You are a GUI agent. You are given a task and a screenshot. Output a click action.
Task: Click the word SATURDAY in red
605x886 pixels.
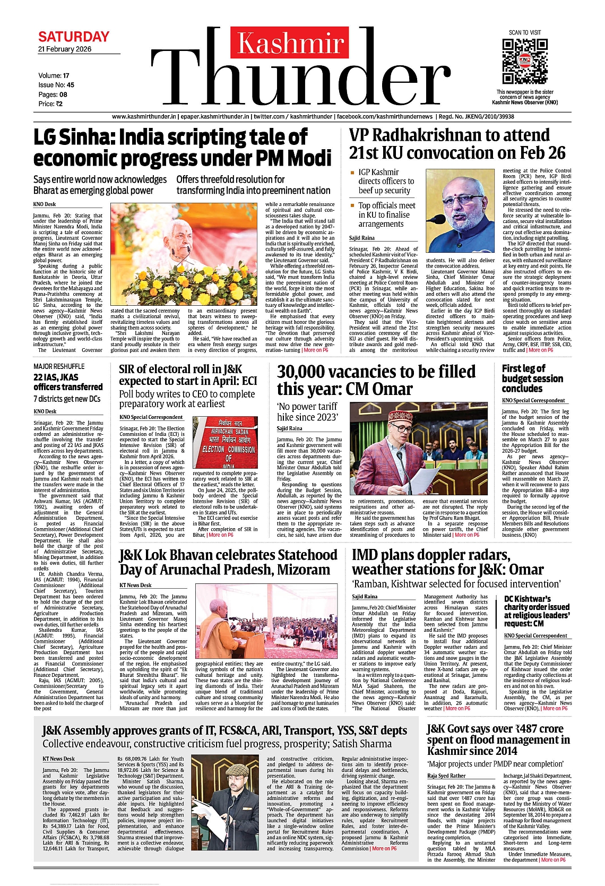click(74, 37)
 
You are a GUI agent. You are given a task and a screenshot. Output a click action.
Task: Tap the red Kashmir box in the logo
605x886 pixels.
click(291, 43)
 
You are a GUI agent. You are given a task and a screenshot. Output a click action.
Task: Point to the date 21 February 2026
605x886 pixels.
click(65, 49)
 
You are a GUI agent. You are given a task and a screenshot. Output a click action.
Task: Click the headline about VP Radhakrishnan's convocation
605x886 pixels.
click(457, 144)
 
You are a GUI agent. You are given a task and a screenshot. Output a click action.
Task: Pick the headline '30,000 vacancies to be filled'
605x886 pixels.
click(376, 380)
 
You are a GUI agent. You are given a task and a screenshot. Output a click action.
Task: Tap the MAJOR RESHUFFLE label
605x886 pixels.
click(59, 366)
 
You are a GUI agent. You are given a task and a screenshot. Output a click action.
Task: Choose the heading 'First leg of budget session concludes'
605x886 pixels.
click(532, 378)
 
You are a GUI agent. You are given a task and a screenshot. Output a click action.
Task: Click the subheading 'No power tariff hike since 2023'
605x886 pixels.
click(307, 411)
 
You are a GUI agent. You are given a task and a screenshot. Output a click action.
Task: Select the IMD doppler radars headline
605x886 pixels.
click(447, 562)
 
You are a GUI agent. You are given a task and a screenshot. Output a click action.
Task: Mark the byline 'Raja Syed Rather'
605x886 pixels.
click(446, 776)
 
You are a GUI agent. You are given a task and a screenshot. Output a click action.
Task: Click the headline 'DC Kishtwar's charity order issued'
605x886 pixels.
click(537, 610)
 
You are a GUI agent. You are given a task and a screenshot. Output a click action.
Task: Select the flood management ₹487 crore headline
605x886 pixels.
click(498, 739)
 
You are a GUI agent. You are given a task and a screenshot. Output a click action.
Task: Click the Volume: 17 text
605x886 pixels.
click(54, 75)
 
